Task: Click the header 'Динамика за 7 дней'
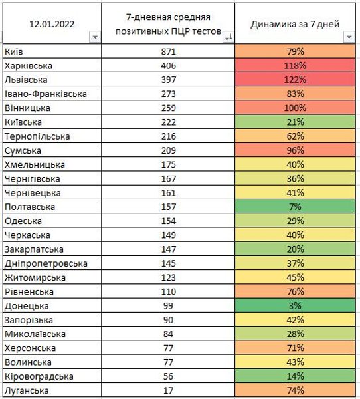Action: (296, 24)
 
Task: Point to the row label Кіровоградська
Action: (38, 376)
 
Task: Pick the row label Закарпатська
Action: (34, 249)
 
